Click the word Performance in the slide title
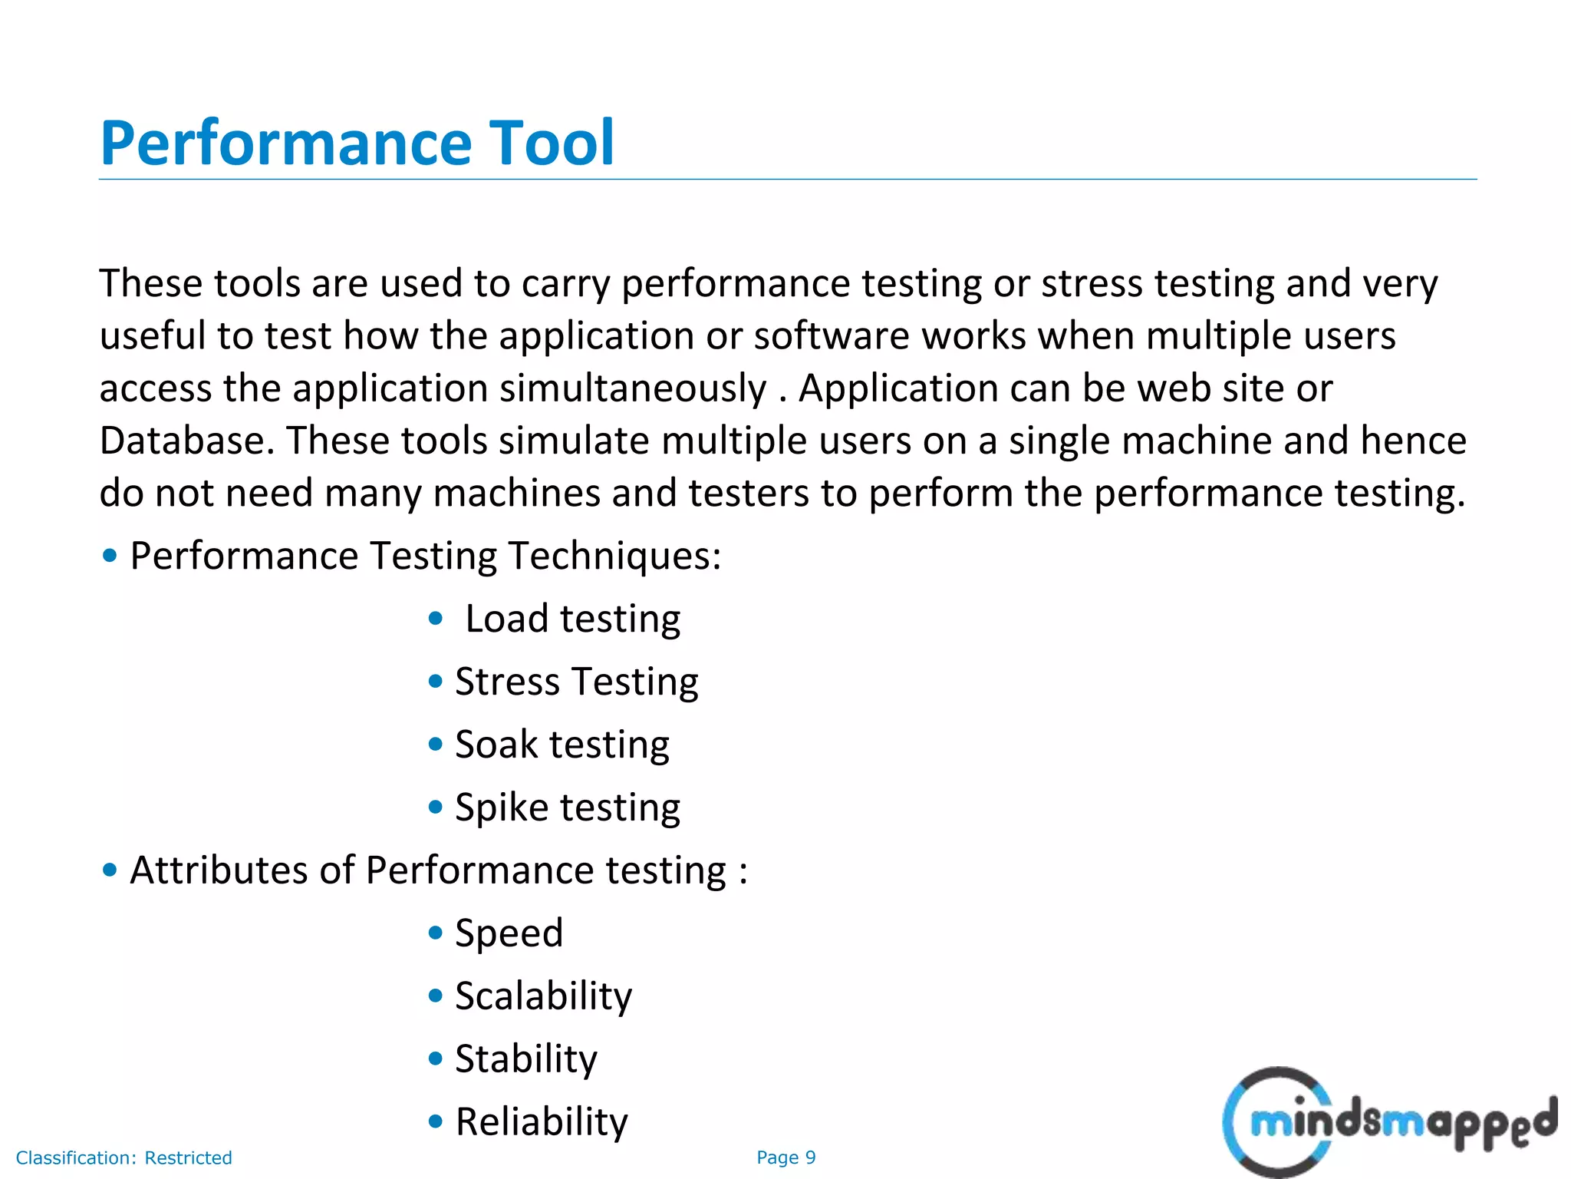(x=285, y=144)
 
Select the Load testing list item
(x=572, y=619)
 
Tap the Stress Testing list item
(x=576, y=682)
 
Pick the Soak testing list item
(x=562, y=745)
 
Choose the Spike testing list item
(x=567, y=807)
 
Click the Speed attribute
(x=509, y=933)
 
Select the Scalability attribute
(x=543, y=996)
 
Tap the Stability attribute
(x=525, y=1059)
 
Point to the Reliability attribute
(x=542, y=1122)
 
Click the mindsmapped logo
(x=1388, y=1122)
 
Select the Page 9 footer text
(x=785, y=1158)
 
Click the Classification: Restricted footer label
(x=124, y=1158)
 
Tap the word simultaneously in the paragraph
(x=633, y=388)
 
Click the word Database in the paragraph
(x=186, y=441)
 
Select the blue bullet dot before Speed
(x=436, y=933)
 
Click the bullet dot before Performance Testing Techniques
(x=110, y=555)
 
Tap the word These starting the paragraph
(x=150, y=283)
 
